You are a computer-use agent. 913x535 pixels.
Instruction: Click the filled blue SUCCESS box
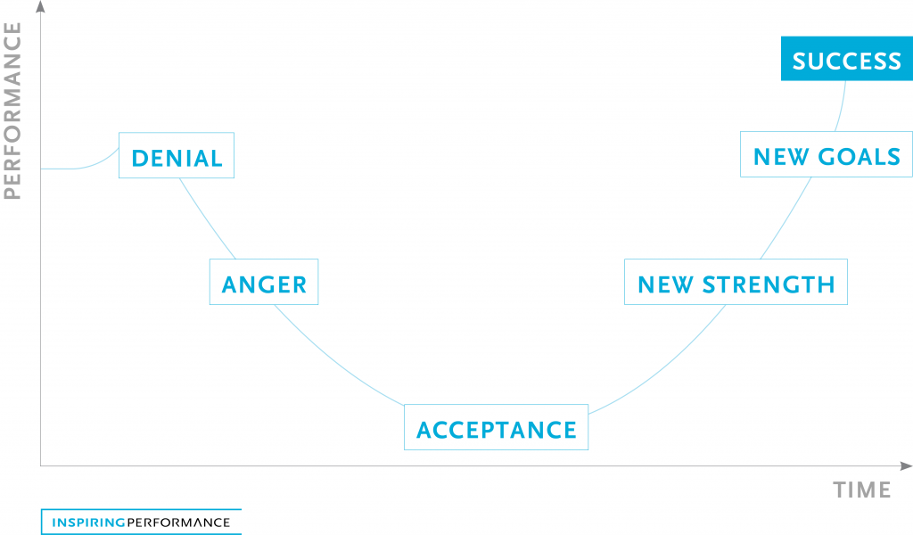click(847, 58)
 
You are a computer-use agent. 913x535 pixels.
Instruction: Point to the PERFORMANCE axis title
click(12, 111)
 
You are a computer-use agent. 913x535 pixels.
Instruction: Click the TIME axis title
click(862, 490)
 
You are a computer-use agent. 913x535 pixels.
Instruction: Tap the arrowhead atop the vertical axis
click(40, 6)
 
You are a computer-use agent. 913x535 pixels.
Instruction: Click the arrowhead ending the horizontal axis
click(906, 465)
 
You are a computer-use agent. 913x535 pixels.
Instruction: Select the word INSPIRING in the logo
click(88, 523)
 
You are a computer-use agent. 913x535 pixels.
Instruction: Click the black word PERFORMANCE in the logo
click(178, 523)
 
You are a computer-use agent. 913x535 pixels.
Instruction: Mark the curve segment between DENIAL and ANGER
click(207, 219)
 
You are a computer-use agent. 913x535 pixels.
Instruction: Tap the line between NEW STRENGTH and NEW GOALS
click(787, 218)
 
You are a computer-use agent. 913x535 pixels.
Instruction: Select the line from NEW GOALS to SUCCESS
click(842, 106)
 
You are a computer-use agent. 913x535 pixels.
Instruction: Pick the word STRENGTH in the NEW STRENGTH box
click(769, 284)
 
